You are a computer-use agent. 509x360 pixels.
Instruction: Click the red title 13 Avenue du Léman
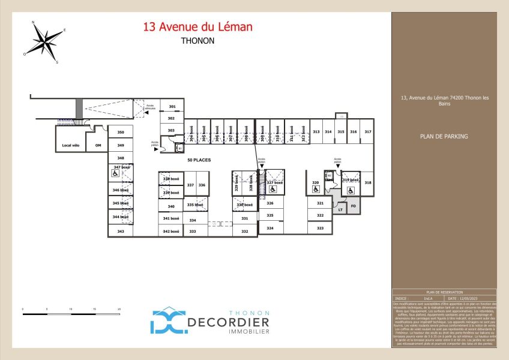pyautogui.click(x=197, y=27)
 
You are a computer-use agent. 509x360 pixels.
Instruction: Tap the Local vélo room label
pyautogui.click(x=71, y=145)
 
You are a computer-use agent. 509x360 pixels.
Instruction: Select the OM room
pyautogui.click(x=98, y=145)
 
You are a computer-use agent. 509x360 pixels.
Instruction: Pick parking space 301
pyautogui.click(x=172, y=107)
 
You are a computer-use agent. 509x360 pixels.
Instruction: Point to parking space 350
pyautogui.click(x=120, y=133)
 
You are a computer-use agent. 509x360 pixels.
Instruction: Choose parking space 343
pyautogui.click(x=120, y=231)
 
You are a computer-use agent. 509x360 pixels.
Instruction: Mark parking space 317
pyautogui.click(x=368, y=131)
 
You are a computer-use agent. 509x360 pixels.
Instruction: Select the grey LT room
pyautogui.click(x=340, y=209)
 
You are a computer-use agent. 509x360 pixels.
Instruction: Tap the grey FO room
pyautogui.click(x=354, y=206)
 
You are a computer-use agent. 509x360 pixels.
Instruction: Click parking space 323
pyautogui.click(x=320, y=229)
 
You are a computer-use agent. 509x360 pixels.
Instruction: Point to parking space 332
pyautogui.click(x=244, y=231)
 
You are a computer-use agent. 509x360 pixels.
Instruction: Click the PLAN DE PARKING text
pyautogui.click(x=444, y=136)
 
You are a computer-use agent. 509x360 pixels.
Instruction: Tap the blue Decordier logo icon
pyautogui.click(x=168, y=321)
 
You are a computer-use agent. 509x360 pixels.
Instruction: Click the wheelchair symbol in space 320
pyautogui.click(x=316, y=189)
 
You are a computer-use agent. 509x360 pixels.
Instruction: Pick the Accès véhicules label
pyautogui.click(x=150, y=107)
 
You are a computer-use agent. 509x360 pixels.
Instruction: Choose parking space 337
pyautogui.click(x=190, y=185)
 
